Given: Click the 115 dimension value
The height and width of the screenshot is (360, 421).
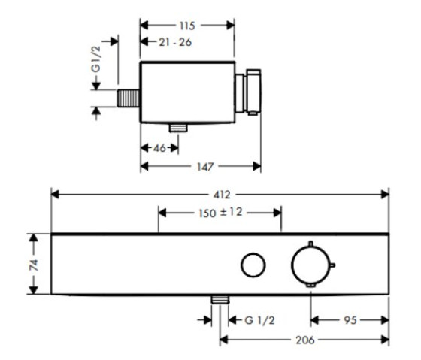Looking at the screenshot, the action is point(187,26).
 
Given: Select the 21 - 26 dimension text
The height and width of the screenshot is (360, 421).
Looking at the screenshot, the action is point(175,42).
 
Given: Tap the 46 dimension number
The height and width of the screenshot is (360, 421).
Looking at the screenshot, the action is point(159,148).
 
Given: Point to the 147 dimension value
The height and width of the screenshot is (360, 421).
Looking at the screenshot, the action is point(205,167).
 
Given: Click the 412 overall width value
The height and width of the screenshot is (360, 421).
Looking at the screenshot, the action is point(222,195).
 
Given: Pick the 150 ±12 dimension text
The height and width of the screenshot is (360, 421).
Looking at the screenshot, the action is point(220,213).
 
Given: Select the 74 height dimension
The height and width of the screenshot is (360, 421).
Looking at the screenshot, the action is point(34,265).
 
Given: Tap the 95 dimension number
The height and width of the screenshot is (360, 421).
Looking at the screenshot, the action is point(350,320).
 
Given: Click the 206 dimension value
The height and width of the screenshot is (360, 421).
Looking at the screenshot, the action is point(305,340).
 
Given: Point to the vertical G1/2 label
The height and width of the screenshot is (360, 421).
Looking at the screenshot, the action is point(96,59).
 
